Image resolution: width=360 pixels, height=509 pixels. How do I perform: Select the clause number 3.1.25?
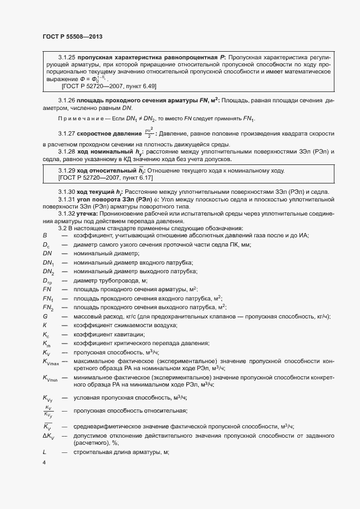(x=66, y=57)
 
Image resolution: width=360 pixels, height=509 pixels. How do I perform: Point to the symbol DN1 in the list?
(x=48, y=263)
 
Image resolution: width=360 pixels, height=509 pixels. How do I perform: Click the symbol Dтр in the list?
(x=47, y=281)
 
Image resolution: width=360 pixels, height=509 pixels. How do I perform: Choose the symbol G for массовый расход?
(x=45, y=316)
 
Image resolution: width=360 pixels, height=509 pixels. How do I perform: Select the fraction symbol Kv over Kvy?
(x=48, y=410)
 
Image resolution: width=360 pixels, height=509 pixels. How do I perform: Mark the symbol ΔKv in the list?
(x=48, y=436)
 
